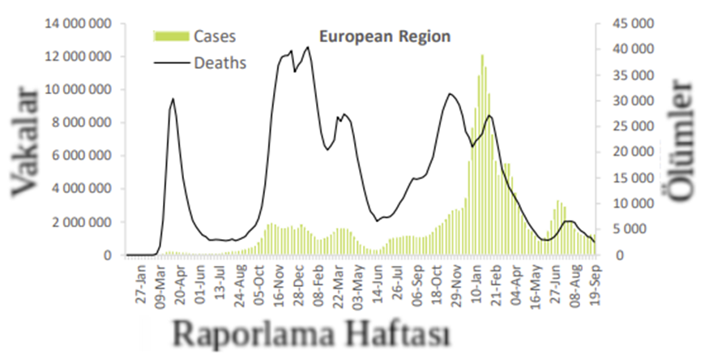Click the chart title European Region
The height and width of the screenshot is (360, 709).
(384, 36)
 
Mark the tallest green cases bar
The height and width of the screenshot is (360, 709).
(482, 57)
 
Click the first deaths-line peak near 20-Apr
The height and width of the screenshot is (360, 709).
(173, 99)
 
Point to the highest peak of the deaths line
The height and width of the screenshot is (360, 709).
(307, 47)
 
